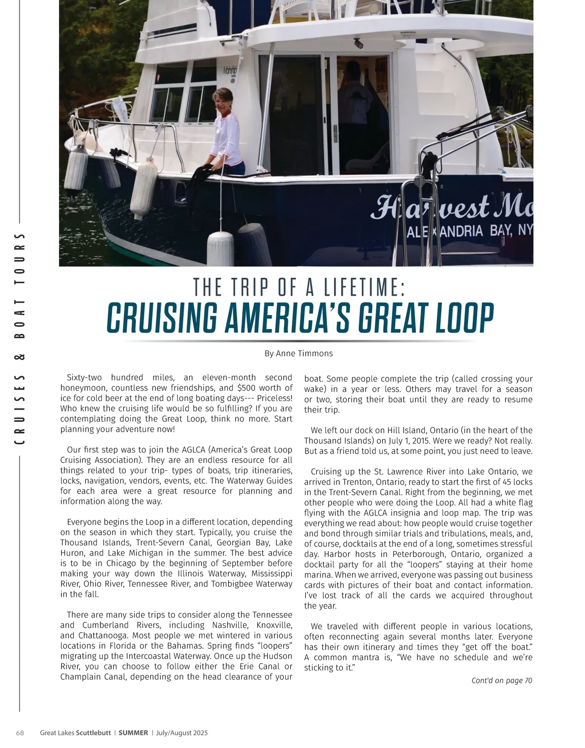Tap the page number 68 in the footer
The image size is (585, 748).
(x=20, y=733)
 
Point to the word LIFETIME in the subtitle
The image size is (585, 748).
(x=365, y=288)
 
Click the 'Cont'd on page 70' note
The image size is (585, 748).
(x=502, y=680)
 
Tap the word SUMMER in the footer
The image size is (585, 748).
(x=133, y=733)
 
